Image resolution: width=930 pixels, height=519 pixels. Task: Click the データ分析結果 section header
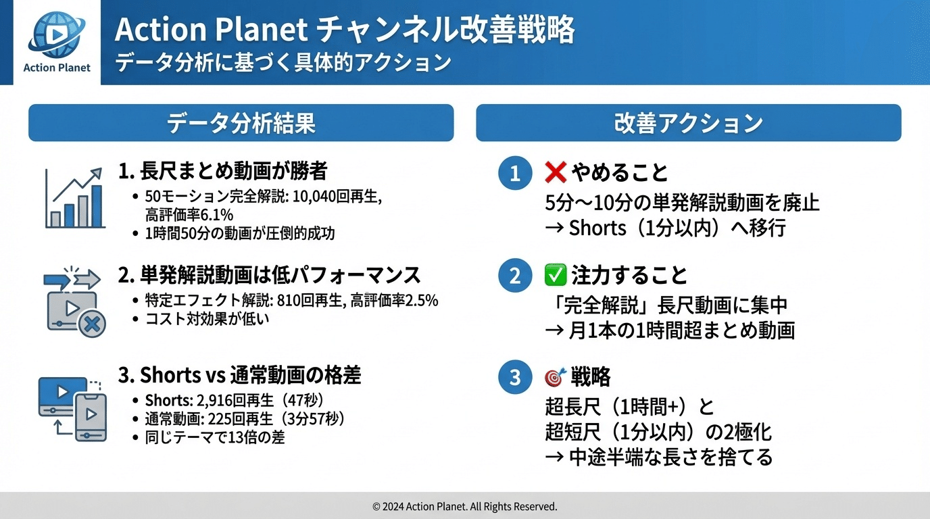(241, 123)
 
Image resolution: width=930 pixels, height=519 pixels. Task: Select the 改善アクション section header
(688, 123)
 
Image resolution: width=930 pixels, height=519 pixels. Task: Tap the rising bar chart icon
(74, 198)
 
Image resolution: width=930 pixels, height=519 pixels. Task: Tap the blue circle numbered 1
(515, 174)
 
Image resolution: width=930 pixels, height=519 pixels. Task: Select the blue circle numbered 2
(515, 276)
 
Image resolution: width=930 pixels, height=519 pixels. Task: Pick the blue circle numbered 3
(515, 377)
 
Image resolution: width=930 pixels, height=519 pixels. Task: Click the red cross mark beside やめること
(555, 173)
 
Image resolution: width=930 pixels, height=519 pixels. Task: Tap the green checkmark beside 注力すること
(555, 275)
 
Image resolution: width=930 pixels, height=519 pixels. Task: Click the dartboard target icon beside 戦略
(555, 377)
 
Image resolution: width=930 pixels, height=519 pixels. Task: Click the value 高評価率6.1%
(189, 215)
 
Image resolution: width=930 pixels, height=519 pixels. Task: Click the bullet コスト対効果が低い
(207, 318)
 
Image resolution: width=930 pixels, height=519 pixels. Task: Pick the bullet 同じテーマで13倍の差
(214, 437)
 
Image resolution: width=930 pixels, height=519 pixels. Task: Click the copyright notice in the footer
(465, 506)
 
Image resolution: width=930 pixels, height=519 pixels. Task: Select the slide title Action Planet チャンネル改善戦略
(345, 30)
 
